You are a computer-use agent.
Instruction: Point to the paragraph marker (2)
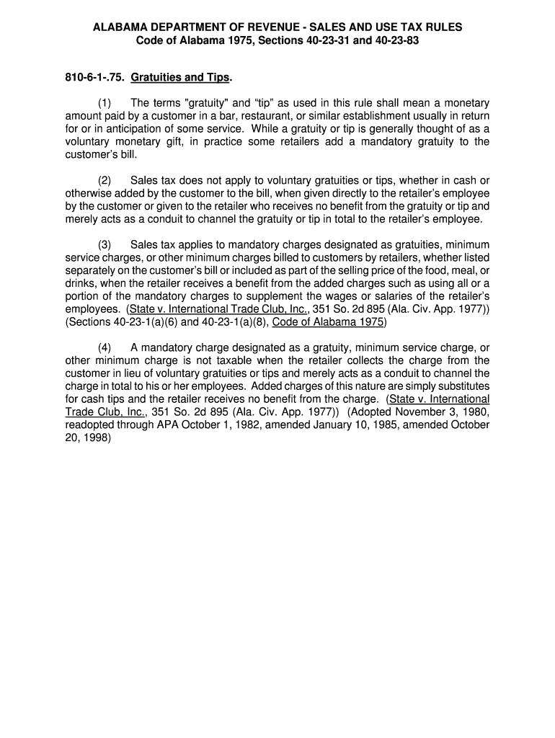coord(105,179)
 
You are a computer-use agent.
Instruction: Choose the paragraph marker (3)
coord(105,245)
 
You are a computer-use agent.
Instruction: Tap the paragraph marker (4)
coord(105,347)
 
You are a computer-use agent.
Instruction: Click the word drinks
coord(81,283)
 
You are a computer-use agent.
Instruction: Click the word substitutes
coord(453,386)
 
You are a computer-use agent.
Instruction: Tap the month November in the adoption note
coord(429,412)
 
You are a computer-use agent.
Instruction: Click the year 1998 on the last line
coord(94,438)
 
